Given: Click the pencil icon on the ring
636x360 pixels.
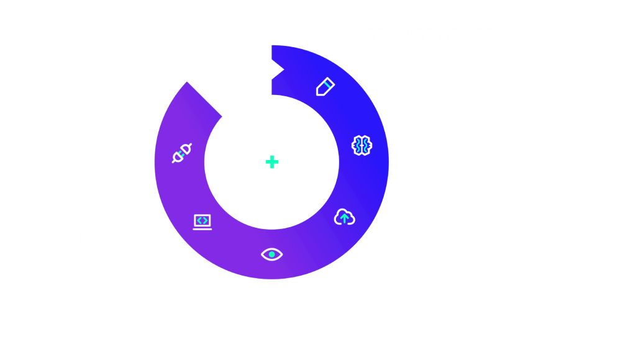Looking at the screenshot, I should tap(325, 86).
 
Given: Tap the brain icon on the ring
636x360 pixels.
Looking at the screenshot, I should tap(361, 145).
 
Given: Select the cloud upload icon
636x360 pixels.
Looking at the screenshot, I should tap(344, 217).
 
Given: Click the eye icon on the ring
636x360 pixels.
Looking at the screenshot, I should tap(271, 254).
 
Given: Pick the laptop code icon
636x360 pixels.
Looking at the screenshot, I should tap(202, 221).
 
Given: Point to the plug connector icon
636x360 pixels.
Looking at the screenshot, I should tap(181, 153).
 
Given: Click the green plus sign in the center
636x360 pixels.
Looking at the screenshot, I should tap(271, 162).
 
